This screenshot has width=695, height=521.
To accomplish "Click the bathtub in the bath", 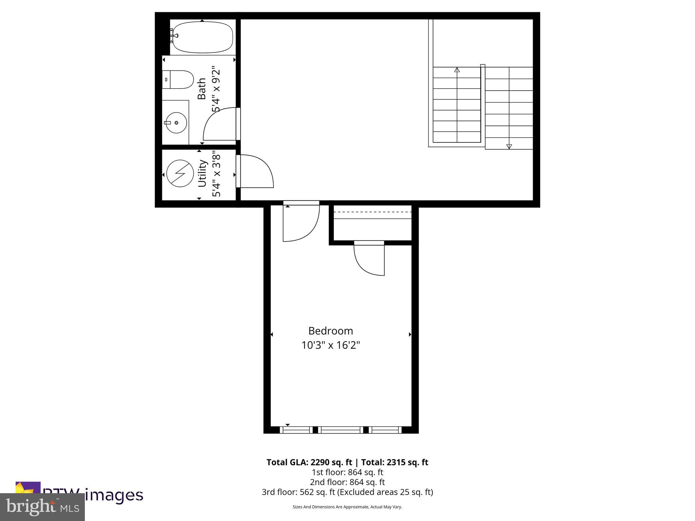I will pos(203,37).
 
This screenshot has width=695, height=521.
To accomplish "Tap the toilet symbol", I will pos(177,80).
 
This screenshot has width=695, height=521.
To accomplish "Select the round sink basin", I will pos(176,123).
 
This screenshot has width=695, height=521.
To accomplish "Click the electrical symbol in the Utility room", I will pos(180,173).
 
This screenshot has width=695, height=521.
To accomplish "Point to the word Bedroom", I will pos(331,331).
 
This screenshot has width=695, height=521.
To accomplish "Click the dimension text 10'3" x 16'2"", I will pos(331,345).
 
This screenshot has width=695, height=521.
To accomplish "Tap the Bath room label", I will pos(202,89).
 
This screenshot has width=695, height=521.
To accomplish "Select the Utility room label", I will pos(202,173).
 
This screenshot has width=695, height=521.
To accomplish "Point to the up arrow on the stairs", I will pos(457,70).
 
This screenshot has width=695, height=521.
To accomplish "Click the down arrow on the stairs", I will pos(509,147).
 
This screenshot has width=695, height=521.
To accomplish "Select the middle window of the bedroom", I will pos(341,430).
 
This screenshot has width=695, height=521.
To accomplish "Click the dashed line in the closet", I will pos(373,212).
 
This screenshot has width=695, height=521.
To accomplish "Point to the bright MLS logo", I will pos(42,507).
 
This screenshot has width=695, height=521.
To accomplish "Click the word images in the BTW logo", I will pos(114,496).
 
